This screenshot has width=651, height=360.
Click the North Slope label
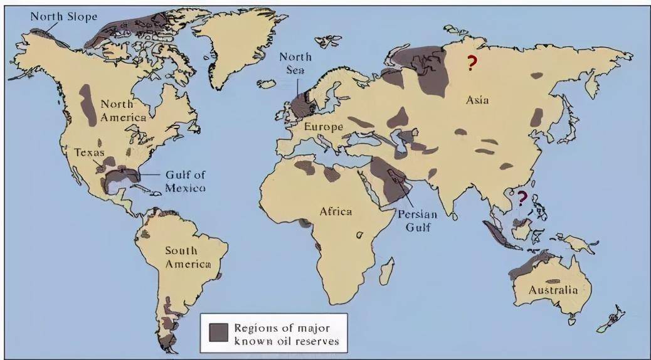(x=64, y=16)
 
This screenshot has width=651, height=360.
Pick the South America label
(x=188, y=257)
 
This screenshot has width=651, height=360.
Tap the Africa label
(x=336, y=211)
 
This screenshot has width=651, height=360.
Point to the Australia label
(x=552, y=290)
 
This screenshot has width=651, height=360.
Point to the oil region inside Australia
(x=552, y=280)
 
